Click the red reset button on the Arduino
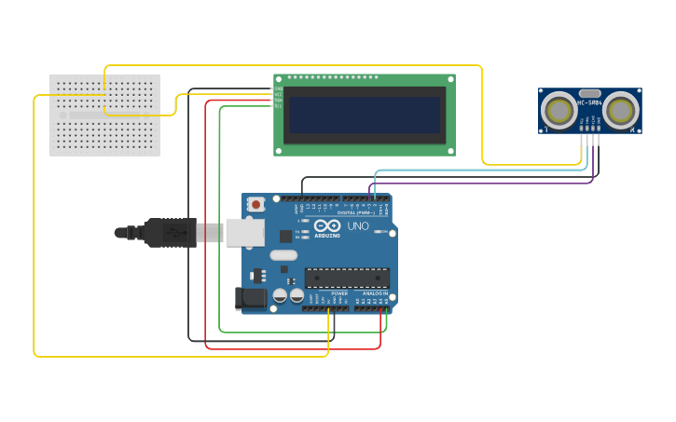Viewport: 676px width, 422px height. click(255, 204)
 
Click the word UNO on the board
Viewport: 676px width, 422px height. click(358, 226)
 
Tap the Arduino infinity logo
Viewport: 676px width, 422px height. click(327, 225)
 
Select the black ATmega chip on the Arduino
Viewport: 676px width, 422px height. click(347, 278)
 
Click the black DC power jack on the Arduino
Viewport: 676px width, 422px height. click(250, 298)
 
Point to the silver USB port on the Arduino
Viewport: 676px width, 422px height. click(245, 232)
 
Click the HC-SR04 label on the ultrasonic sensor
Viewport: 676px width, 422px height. click(589, 102)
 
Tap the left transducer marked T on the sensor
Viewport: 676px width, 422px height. click(559, 111)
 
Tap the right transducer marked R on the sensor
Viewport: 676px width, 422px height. click(620, 111)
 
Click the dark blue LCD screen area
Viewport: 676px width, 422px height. click(365, 115)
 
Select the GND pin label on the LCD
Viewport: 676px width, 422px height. click(278, 89)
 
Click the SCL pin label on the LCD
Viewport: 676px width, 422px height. click(278, 105)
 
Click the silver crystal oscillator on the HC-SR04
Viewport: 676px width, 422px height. click(589, 93)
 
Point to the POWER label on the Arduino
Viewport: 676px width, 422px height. click(339, 293)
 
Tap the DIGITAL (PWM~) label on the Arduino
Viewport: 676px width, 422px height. click(357, 212)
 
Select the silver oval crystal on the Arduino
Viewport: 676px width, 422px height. click(283, 255)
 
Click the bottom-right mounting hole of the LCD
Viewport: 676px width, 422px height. click(449, 150)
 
